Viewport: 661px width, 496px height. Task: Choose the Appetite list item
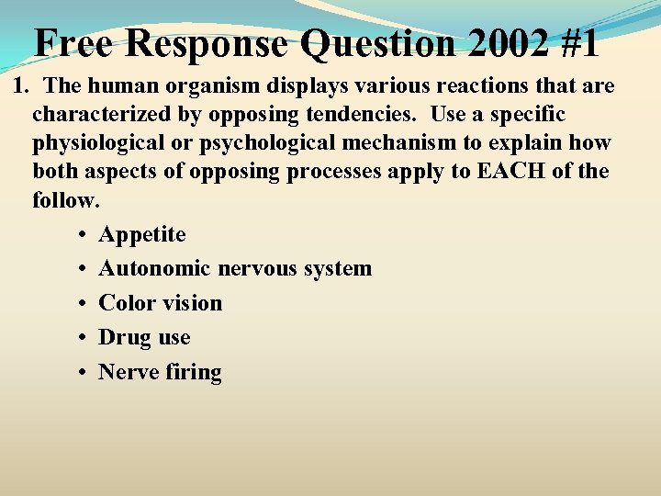pos(142,235)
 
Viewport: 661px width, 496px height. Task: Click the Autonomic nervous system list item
pos(235,269)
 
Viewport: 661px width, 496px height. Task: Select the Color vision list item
pos(161,303)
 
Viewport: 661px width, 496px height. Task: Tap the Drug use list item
pos(144,337)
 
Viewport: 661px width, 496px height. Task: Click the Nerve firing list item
pos(160,372)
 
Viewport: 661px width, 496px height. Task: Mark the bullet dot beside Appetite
pos(83,236)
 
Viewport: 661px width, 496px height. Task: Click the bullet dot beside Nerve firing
pos(83,373)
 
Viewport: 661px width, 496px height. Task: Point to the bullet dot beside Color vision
pos(83,304)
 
